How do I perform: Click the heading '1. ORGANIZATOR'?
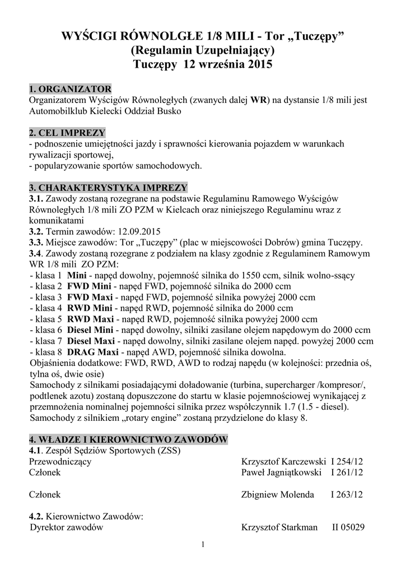tap(70, 90)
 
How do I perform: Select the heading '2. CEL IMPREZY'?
tap(67, 133)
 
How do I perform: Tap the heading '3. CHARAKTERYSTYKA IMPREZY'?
tap(108, 187)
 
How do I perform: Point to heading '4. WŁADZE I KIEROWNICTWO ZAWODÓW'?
tap(128, 439)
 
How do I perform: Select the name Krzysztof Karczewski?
tap(283, 462)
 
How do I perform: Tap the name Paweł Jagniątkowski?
tap(281, 473)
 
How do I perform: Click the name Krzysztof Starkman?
tap(279, 527)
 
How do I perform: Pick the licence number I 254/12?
tap(347, 462)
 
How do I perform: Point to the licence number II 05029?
tap(349, 527)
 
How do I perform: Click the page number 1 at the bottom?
tap(203, 545)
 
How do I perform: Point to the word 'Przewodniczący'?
tap(60, 462)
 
